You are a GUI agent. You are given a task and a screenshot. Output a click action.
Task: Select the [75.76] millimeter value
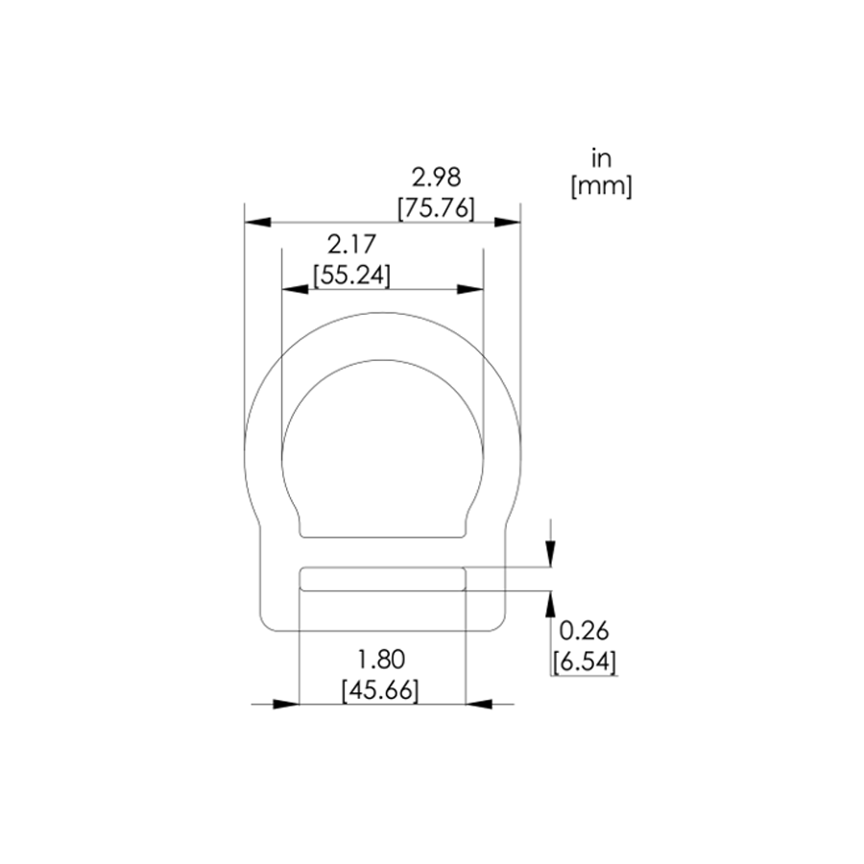[x=436, y=207]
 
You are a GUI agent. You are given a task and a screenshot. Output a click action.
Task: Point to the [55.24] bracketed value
[x=351, y=276]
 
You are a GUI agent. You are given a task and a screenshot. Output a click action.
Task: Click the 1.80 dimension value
[x=381, y=660]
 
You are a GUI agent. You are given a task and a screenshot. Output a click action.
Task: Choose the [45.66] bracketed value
[x=381, y=690]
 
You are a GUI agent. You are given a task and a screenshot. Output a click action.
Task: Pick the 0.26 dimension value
[x=584, y=631]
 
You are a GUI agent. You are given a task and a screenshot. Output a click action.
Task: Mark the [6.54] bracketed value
[x=584, y=661]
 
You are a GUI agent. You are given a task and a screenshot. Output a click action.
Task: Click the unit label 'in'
[x=601, y=157]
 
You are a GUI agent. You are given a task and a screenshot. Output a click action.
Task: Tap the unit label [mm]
[x=601, y=187]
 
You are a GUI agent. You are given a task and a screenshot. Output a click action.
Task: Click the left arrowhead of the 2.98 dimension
[x=257, y=222]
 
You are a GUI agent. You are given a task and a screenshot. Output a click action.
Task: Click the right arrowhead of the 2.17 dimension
[x=469, y=289]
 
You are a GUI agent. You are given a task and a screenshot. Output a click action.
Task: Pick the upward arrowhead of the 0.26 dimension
[x=550, y=603]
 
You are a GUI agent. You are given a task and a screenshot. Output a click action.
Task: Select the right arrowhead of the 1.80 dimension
[x=479, y=704]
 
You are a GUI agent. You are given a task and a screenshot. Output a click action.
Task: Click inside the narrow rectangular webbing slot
[x=383, y=578]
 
